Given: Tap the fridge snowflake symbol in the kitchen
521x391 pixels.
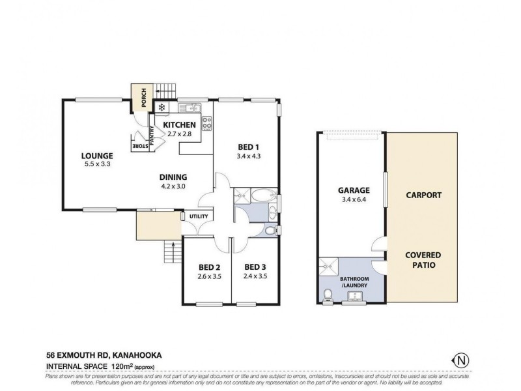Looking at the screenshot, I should [161, 107].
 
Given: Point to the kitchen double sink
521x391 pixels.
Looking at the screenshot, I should [189, 107].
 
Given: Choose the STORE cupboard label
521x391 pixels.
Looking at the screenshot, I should [140, 147].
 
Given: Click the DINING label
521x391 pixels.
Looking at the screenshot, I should [174, 177].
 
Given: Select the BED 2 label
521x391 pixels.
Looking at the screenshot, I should [208, 267].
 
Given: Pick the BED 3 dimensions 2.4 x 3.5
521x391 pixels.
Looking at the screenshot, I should [255, 276].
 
